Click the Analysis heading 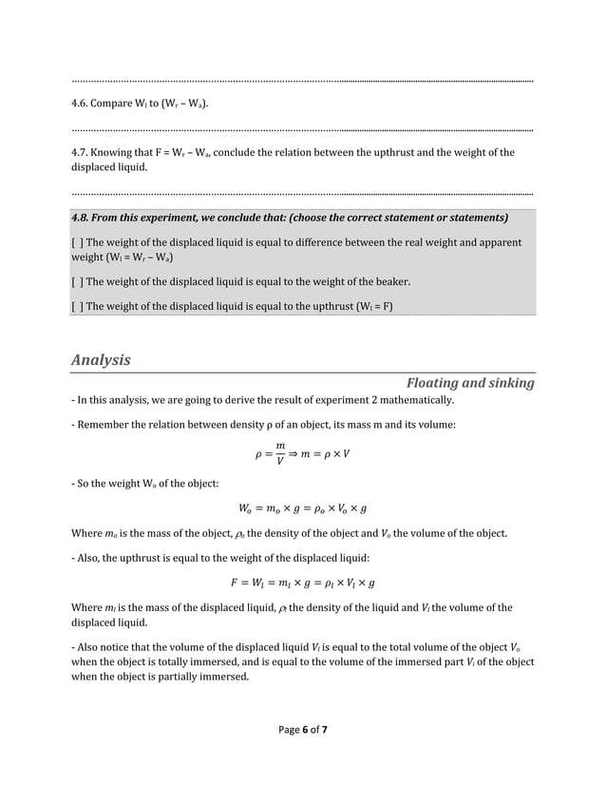(101, 360)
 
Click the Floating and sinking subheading (470, 383)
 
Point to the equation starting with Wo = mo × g (303, 507)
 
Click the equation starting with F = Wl (303, 583)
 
